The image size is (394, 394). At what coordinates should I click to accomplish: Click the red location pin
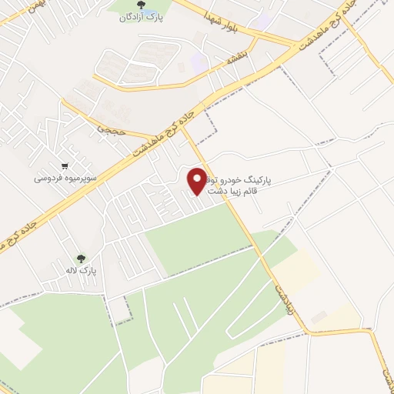(198, 181)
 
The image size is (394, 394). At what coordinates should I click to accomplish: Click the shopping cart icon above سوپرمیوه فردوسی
(65, 165)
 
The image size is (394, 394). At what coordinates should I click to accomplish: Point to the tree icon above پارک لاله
(80, 259)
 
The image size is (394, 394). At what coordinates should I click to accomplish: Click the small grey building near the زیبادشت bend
(319, 316)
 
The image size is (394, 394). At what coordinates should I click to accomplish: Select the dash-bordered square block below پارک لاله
(119, 309)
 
